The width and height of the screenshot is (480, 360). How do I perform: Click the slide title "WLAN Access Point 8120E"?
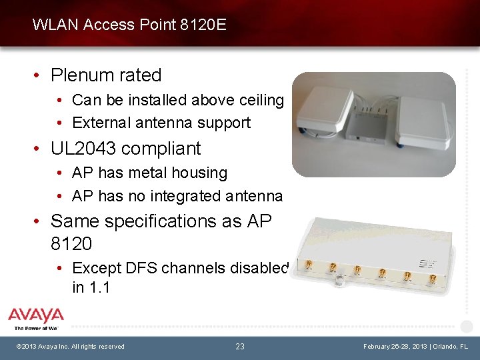129,25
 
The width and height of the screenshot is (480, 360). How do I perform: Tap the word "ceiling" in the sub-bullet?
259,100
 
